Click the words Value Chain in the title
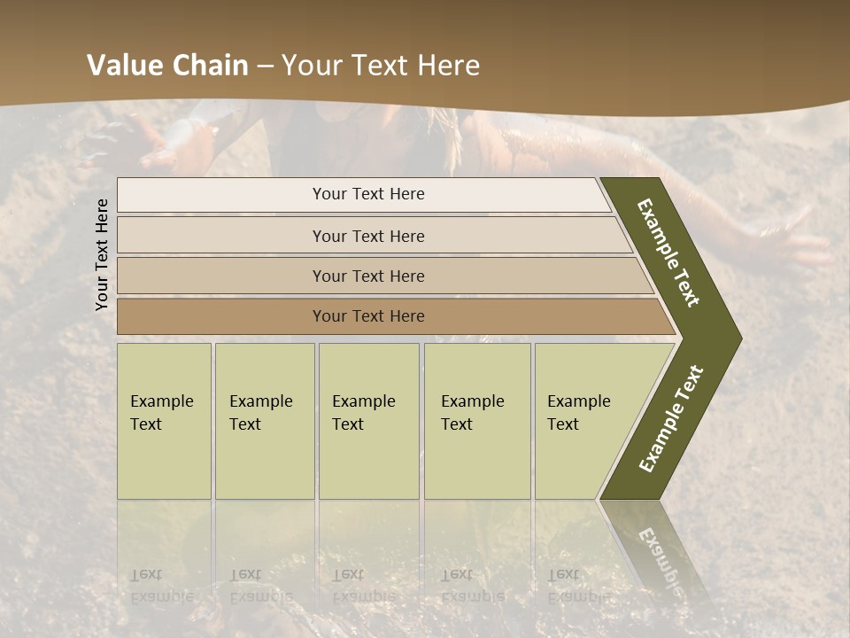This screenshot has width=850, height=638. [167, 66]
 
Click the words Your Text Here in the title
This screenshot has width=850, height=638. [381, 66]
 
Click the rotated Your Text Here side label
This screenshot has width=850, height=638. [102, 254]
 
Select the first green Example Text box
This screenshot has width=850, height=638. [164, 421]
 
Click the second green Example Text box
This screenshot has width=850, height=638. [264, 421]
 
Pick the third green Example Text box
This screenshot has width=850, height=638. [367, 421]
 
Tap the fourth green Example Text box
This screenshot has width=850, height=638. [476, 421]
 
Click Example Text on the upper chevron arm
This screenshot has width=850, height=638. [668, 253]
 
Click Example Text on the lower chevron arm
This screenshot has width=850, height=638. [671, 418]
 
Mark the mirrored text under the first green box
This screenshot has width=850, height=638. [162, 586]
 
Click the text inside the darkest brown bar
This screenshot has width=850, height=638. [368, 316]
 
